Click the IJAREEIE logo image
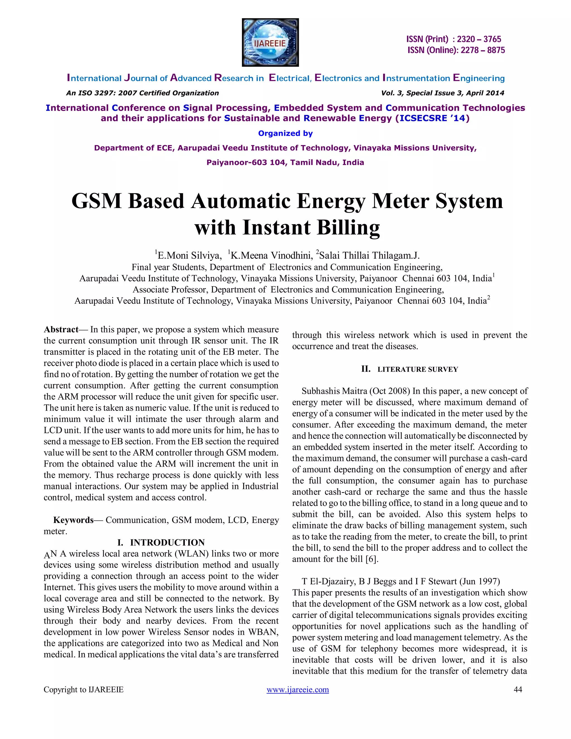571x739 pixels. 270,43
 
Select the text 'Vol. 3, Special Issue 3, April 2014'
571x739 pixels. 442,93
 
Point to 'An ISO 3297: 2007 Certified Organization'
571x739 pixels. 142,93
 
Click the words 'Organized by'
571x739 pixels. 285,133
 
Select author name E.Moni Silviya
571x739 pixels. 189,255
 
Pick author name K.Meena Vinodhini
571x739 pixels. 272,255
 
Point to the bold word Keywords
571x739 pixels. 73,520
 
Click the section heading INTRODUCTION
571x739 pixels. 167,542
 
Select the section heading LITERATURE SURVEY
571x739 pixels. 417,369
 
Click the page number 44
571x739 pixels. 517,690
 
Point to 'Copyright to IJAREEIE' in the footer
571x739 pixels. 84,690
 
